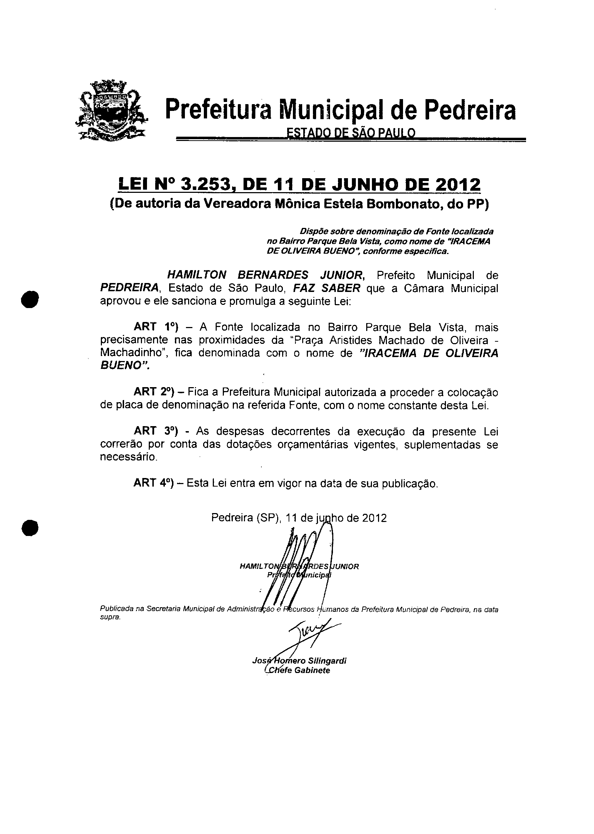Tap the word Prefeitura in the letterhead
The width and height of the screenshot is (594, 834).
219,109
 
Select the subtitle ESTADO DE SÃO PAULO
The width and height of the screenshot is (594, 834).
350,132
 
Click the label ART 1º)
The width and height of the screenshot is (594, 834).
156,326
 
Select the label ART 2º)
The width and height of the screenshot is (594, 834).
156,392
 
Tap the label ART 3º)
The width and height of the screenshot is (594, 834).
156,431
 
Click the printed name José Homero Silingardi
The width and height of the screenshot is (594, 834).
299,660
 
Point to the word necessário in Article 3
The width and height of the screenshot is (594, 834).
128,458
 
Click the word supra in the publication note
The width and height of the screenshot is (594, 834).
110,617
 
